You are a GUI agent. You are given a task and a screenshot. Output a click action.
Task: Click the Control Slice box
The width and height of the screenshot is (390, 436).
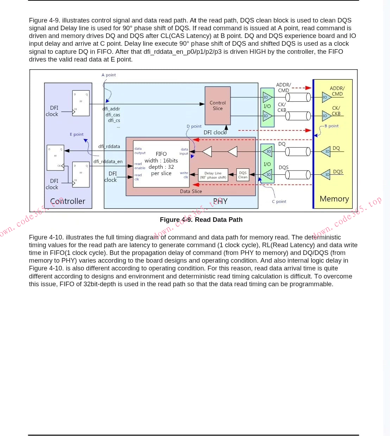(218, 105)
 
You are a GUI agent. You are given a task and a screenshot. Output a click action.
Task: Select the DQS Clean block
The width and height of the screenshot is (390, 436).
(243, 175)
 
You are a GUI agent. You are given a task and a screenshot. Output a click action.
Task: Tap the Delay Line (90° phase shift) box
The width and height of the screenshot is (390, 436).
(213, 175)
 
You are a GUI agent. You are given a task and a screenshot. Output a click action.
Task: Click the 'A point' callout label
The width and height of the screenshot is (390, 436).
(108, 75)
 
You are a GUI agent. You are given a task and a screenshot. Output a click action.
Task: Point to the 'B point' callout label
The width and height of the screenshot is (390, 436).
(331, 126)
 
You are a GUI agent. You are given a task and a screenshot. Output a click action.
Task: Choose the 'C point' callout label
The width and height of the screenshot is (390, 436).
(279, 201)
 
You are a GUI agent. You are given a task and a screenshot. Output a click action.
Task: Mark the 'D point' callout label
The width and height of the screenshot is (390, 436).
(194, 126)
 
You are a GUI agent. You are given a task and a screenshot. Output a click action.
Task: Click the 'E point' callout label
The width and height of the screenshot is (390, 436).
(76, 134)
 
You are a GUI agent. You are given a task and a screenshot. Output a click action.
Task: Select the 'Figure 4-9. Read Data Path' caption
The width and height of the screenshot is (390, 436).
(201, 220)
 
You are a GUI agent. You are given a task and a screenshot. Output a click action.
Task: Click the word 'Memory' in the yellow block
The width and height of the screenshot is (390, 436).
(334, 199)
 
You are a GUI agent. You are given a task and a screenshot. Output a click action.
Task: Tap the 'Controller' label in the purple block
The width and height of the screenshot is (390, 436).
(68, 201)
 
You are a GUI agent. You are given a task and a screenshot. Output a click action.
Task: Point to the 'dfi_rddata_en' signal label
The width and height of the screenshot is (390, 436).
(108, 162)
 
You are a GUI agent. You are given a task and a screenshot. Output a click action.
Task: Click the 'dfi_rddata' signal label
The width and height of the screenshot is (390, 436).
(109, 146)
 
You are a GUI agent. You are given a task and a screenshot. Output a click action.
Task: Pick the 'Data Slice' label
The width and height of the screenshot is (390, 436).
(191, 191)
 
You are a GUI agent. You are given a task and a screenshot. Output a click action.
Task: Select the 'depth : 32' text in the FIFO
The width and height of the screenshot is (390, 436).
(161, 167)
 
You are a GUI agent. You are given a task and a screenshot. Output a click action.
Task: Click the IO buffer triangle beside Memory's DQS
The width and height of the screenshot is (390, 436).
(326, 174)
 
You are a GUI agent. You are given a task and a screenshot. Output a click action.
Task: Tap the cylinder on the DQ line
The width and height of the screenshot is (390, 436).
(298, 152)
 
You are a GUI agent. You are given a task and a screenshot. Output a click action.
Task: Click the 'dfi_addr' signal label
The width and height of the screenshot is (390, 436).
(111, 109)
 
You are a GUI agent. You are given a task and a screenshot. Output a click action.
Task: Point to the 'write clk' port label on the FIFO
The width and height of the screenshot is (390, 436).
(184, 175)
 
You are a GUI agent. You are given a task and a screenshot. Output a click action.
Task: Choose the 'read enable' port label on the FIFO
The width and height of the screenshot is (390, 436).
(139, 166)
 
